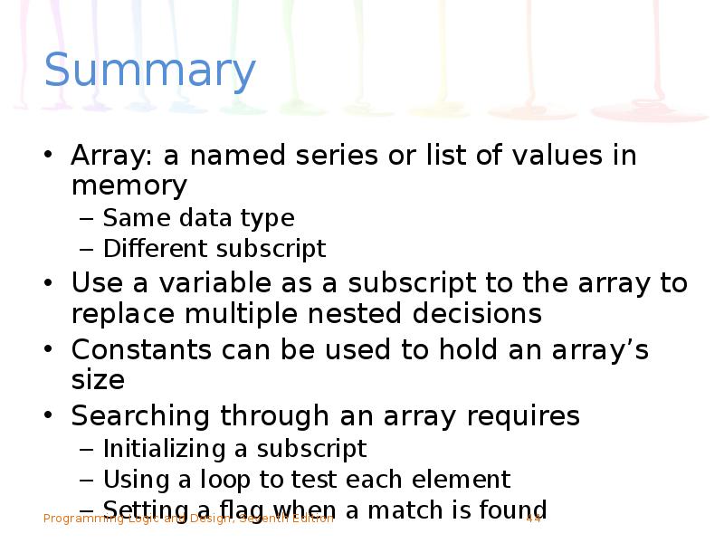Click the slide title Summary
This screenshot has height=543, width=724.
tap(149, 71)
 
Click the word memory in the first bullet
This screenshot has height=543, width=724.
tap(129, 186)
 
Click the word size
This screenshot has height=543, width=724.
tap(97, 379)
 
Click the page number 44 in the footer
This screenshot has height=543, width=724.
tap(533, 519)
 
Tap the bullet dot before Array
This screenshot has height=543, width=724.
tap(50, 156)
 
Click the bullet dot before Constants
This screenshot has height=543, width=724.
tap(50, 349)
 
